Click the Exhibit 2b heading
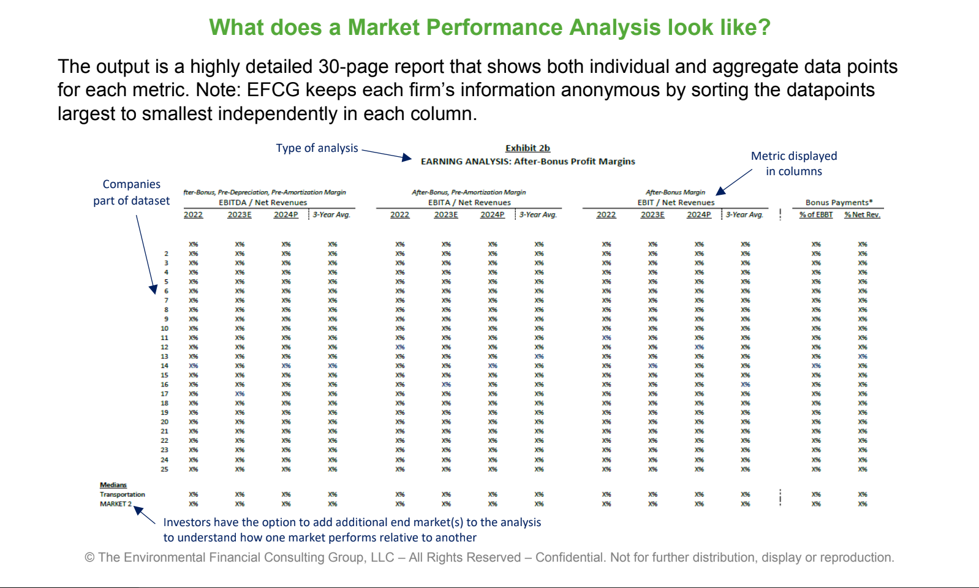pos(527,148)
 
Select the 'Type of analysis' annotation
pos(317,148)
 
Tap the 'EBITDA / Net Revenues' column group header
pos(263,203)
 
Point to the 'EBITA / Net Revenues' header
pos(469,203)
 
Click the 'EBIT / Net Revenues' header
pos(676,203)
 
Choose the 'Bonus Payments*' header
pos(839,203)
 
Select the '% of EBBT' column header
pos(816,215)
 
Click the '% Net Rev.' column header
pos(862,215)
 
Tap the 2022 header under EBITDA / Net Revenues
pos(193,215)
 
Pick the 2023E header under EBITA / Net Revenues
pos(446,215)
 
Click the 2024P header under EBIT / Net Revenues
pos(699,215)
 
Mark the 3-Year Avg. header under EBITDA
pos(331,215)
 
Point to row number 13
pos(164,356)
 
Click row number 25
pos(164,469)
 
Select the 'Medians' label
pos(113,485)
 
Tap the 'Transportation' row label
pos(123,494)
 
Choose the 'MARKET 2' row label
pos(116,504)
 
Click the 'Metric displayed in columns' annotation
pos(794,164)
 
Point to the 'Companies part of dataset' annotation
pos(131,192)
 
